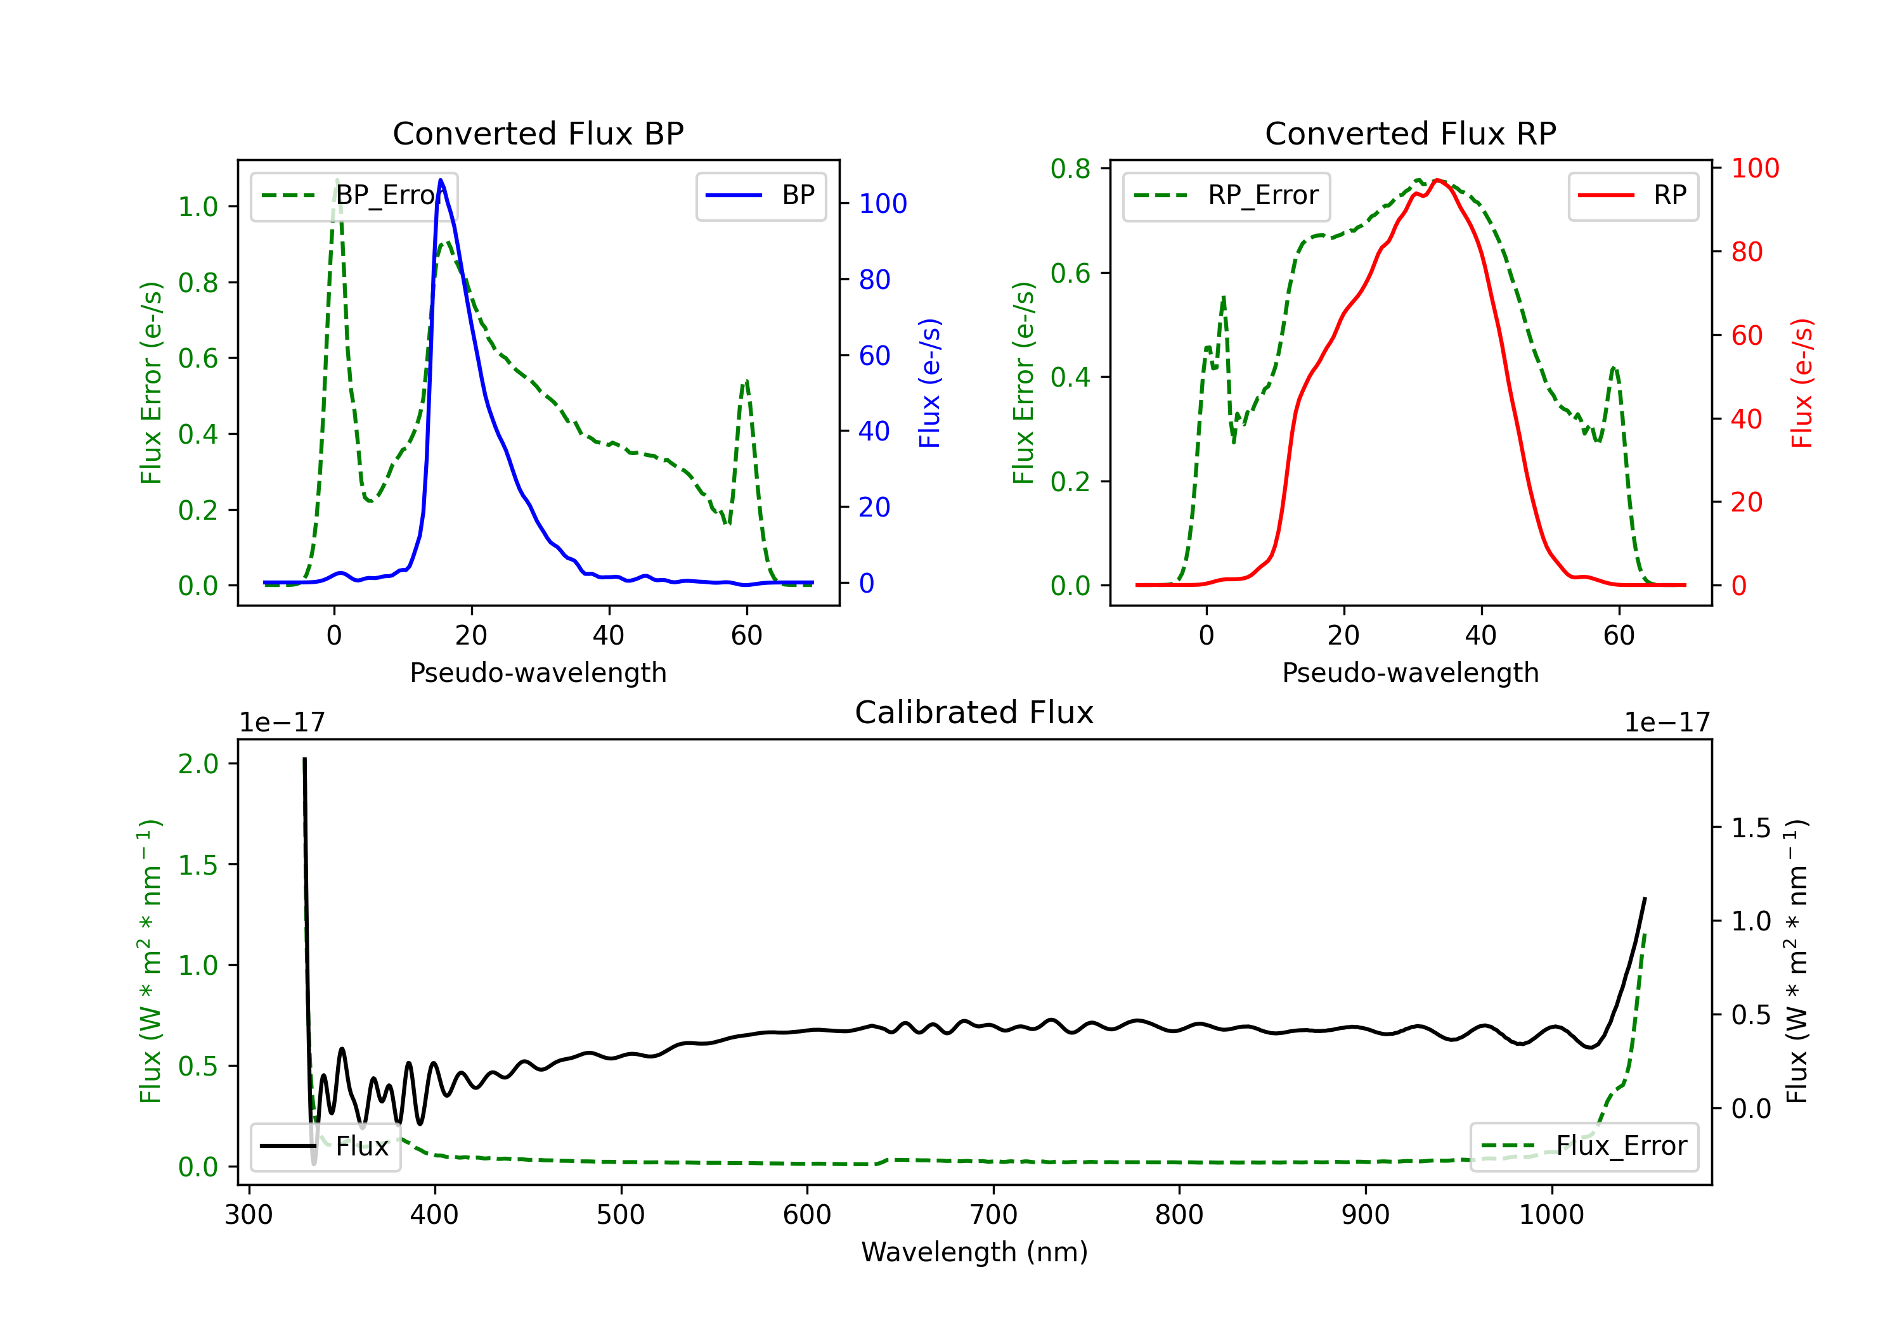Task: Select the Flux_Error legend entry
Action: click(x=1584, y=1147)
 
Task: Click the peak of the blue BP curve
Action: click(x=441, y=181)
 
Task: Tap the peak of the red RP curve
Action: click(x=1437, y=181)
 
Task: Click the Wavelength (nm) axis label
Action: click(x=974, y=1252)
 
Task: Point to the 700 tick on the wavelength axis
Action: click(x=993, y=1215)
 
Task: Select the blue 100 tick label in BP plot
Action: click(x=883, y=203)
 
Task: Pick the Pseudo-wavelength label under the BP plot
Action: click(x=538, y=672)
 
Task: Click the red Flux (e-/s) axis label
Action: click(x=1802, y=383)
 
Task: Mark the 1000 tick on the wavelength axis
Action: click(x=1551, y=1215)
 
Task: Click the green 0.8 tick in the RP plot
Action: click(x=1070, y=169)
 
